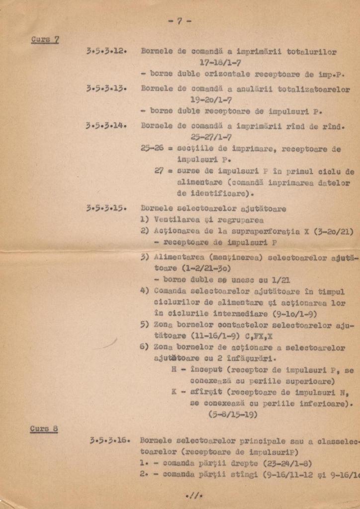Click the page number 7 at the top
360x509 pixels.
click(x=180, y=21)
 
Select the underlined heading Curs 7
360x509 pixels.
click(x=45, y=39)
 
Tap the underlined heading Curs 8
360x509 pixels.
click(x=43, y=429)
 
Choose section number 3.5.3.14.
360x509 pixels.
click(x=106, y=126)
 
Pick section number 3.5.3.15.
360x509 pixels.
click(x=106, y=209)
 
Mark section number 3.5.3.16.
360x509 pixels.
click(x=110, y=440)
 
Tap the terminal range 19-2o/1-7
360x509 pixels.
click(x=211, y=100)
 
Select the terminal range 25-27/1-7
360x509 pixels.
click(x=211, y=137)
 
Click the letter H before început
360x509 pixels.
click(x=174, y=370)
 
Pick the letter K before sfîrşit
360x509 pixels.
click(x=174, y=392)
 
